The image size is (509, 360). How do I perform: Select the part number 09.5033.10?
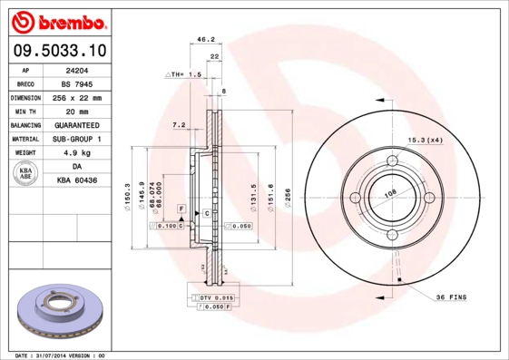(x=58, y=53)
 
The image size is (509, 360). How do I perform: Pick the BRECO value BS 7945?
(x=75, y=83)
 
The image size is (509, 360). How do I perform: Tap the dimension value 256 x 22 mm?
(x=75, y=97)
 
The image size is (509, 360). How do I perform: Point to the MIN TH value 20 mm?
(x=75, y=111)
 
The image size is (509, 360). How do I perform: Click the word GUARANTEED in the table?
(x=75, y=125)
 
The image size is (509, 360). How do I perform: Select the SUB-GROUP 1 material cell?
(x=75, y=139)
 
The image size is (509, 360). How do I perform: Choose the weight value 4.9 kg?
(x=75, y=153)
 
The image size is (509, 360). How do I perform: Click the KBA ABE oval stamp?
(x=26, y=174)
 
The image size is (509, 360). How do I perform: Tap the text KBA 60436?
(x=75, y=181)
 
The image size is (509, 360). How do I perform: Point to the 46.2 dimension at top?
(x=205, y=39)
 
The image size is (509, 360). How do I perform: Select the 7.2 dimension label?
(x=178, y=123)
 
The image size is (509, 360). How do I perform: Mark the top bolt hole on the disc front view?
(x=394, y=162)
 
